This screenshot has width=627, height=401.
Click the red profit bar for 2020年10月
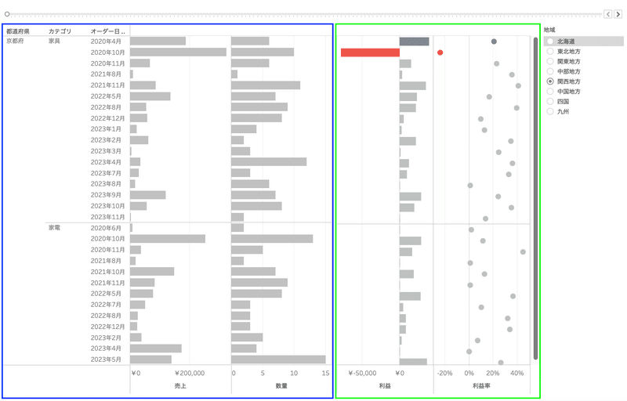370,52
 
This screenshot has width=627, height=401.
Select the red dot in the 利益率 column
440,52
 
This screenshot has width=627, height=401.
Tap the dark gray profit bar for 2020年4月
414,42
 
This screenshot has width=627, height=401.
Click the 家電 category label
56,228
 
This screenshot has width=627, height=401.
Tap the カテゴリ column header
60,31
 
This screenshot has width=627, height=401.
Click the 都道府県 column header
17,31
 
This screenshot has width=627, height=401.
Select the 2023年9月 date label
107,195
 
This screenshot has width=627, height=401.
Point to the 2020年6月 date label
107,228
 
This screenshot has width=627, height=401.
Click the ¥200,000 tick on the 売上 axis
189,374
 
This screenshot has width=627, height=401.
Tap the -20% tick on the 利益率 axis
445,374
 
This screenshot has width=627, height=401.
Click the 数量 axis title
281,386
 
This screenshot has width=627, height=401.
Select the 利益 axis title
385,386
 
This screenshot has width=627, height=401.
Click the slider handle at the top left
7,14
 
